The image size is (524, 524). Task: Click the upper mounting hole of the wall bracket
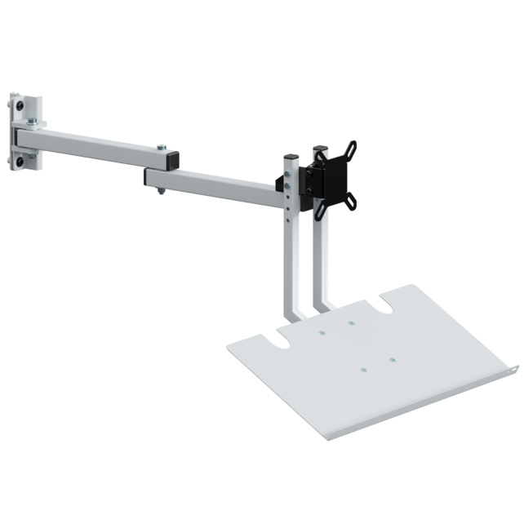tap(16, 107)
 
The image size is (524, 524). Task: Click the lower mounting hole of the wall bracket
tap(16, 162)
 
